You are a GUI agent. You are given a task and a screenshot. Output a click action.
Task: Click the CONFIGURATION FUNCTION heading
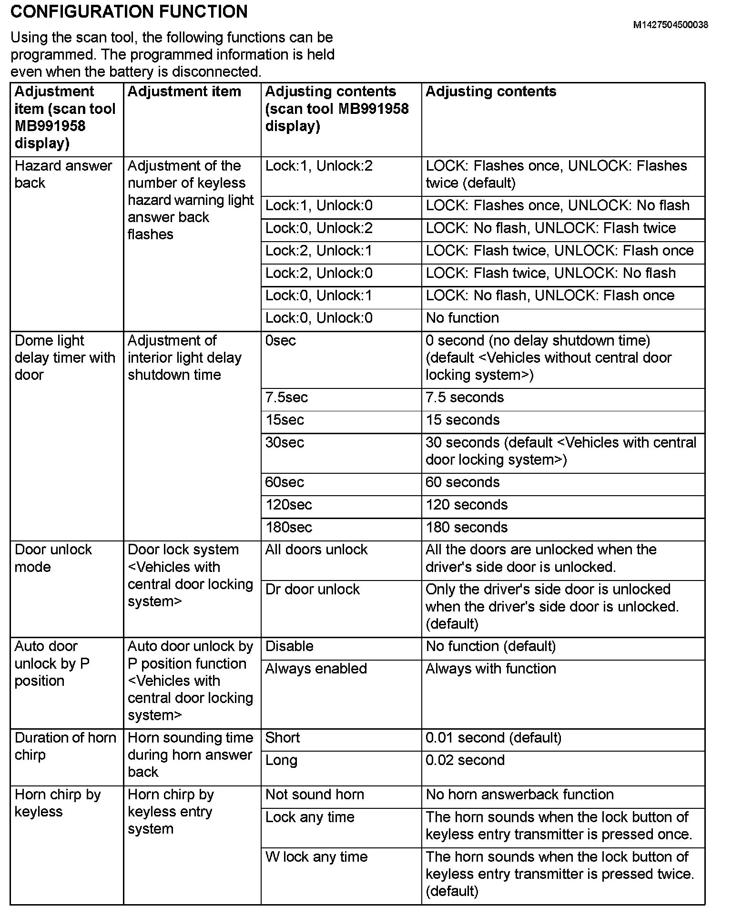[x=129, y=11]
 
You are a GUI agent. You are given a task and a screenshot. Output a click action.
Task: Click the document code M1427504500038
[x=670, y=25]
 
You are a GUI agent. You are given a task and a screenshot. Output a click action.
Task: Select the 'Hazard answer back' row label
[x=63, y=174]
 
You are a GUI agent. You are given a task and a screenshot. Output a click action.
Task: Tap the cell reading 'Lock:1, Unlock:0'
[x=319, y=205]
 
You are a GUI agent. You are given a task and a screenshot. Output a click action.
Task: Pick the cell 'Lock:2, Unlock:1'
[x=319, y=251]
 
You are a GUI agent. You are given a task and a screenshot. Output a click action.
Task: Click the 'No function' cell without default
[x=462, y=318]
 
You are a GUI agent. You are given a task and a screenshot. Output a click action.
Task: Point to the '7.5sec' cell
[x=286, y=397]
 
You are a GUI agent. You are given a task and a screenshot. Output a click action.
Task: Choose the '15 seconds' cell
[x=462, y=420]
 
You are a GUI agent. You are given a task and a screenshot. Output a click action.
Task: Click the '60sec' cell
[x=285, y=482]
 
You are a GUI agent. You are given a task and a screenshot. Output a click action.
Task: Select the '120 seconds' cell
[x=467, y=505]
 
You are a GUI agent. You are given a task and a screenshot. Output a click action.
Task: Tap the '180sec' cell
[x=289, y=528]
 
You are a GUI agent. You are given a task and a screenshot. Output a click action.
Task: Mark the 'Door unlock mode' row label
[x=53, y=558]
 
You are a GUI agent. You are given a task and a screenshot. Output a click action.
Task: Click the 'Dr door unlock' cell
[x=312, y=590]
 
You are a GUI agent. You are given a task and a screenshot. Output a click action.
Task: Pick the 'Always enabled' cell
[x=316, y=669]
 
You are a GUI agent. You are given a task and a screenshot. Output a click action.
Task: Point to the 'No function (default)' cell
[x=490, y=646]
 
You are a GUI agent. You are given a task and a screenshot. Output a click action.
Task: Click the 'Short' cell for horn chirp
[x=283, y=738]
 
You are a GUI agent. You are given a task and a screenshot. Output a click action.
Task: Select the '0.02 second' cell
[x=465, y=760]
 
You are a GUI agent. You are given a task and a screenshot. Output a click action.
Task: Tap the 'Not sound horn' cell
[x=315, y=795]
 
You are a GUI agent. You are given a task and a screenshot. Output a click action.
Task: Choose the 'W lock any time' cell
[x=316, y=857]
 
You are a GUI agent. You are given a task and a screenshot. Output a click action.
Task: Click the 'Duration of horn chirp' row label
[x=65, y=746]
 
